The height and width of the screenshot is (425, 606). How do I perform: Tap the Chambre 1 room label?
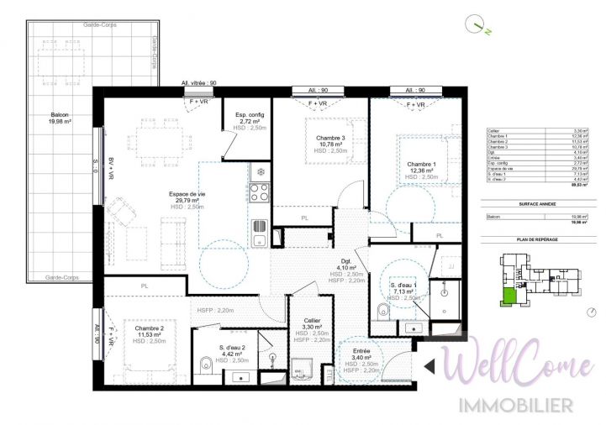tap(421, 164)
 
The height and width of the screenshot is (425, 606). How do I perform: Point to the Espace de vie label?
tap(187, 195)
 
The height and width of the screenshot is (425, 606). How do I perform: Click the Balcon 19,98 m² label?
tap(60, 116)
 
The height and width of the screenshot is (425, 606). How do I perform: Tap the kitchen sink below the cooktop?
tap(259, 226)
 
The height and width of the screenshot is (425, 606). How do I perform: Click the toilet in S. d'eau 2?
tap(206, 365)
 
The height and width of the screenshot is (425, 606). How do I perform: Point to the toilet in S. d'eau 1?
tap(383, 312)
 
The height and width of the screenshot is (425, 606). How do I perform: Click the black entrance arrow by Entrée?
tap(428, 365)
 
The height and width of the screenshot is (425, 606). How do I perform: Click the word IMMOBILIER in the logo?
tap(515, 406)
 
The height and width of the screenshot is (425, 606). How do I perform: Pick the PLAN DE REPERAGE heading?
tap(538, 239)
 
